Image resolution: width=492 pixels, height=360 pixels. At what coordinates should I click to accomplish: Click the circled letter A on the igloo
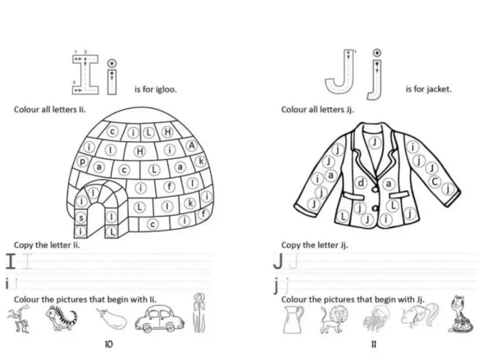tap(191, 145)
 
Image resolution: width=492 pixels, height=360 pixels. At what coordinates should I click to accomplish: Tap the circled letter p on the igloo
tap(82, 162)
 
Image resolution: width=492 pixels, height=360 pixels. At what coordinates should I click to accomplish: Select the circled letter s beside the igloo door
tap(81, 217)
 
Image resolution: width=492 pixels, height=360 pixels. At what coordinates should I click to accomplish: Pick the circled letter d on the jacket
tap(361, 183)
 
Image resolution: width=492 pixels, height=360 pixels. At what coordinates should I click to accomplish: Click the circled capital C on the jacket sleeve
tap(435, 181)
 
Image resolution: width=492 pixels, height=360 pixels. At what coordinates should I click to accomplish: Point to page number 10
tap(108, 344)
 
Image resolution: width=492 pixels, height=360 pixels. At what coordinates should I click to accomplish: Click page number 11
tap(373, 344)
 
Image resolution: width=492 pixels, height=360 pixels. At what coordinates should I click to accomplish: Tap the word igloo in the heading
tap(166, 89)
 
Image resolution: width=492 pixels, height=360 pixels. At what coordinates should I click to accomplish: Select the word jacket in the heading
tap(439, 89)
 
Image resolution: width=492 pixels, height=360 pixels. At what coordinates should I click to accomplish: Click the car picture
tap(160, 319)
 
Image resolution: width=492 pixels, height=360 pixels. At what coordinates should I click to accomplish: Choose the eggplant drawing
tap(112, 318)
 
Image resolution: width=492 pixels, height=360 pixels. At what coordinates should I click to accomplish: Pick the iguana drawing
tap(61, 318)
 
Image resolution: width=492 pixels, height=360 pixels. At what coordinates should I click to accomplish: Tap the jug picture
tap(293, 319)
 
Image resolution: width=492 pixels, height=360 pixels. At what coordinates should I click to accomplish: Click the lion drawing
tap(335, 319)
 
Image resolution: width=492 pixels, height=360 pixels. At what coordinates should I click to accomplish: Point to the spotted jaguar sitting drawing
tap(460, 314)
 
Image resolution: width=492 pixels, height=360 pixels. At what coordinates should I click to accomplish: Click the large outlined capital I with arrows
tap(85, 75)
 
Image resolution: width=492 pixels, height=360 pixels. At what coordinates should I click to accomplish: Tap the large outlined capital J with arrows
tap(340, 71)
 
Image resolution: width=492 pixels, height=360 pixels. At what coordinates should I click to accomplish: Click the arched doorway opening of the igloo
tap(95, 220)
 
